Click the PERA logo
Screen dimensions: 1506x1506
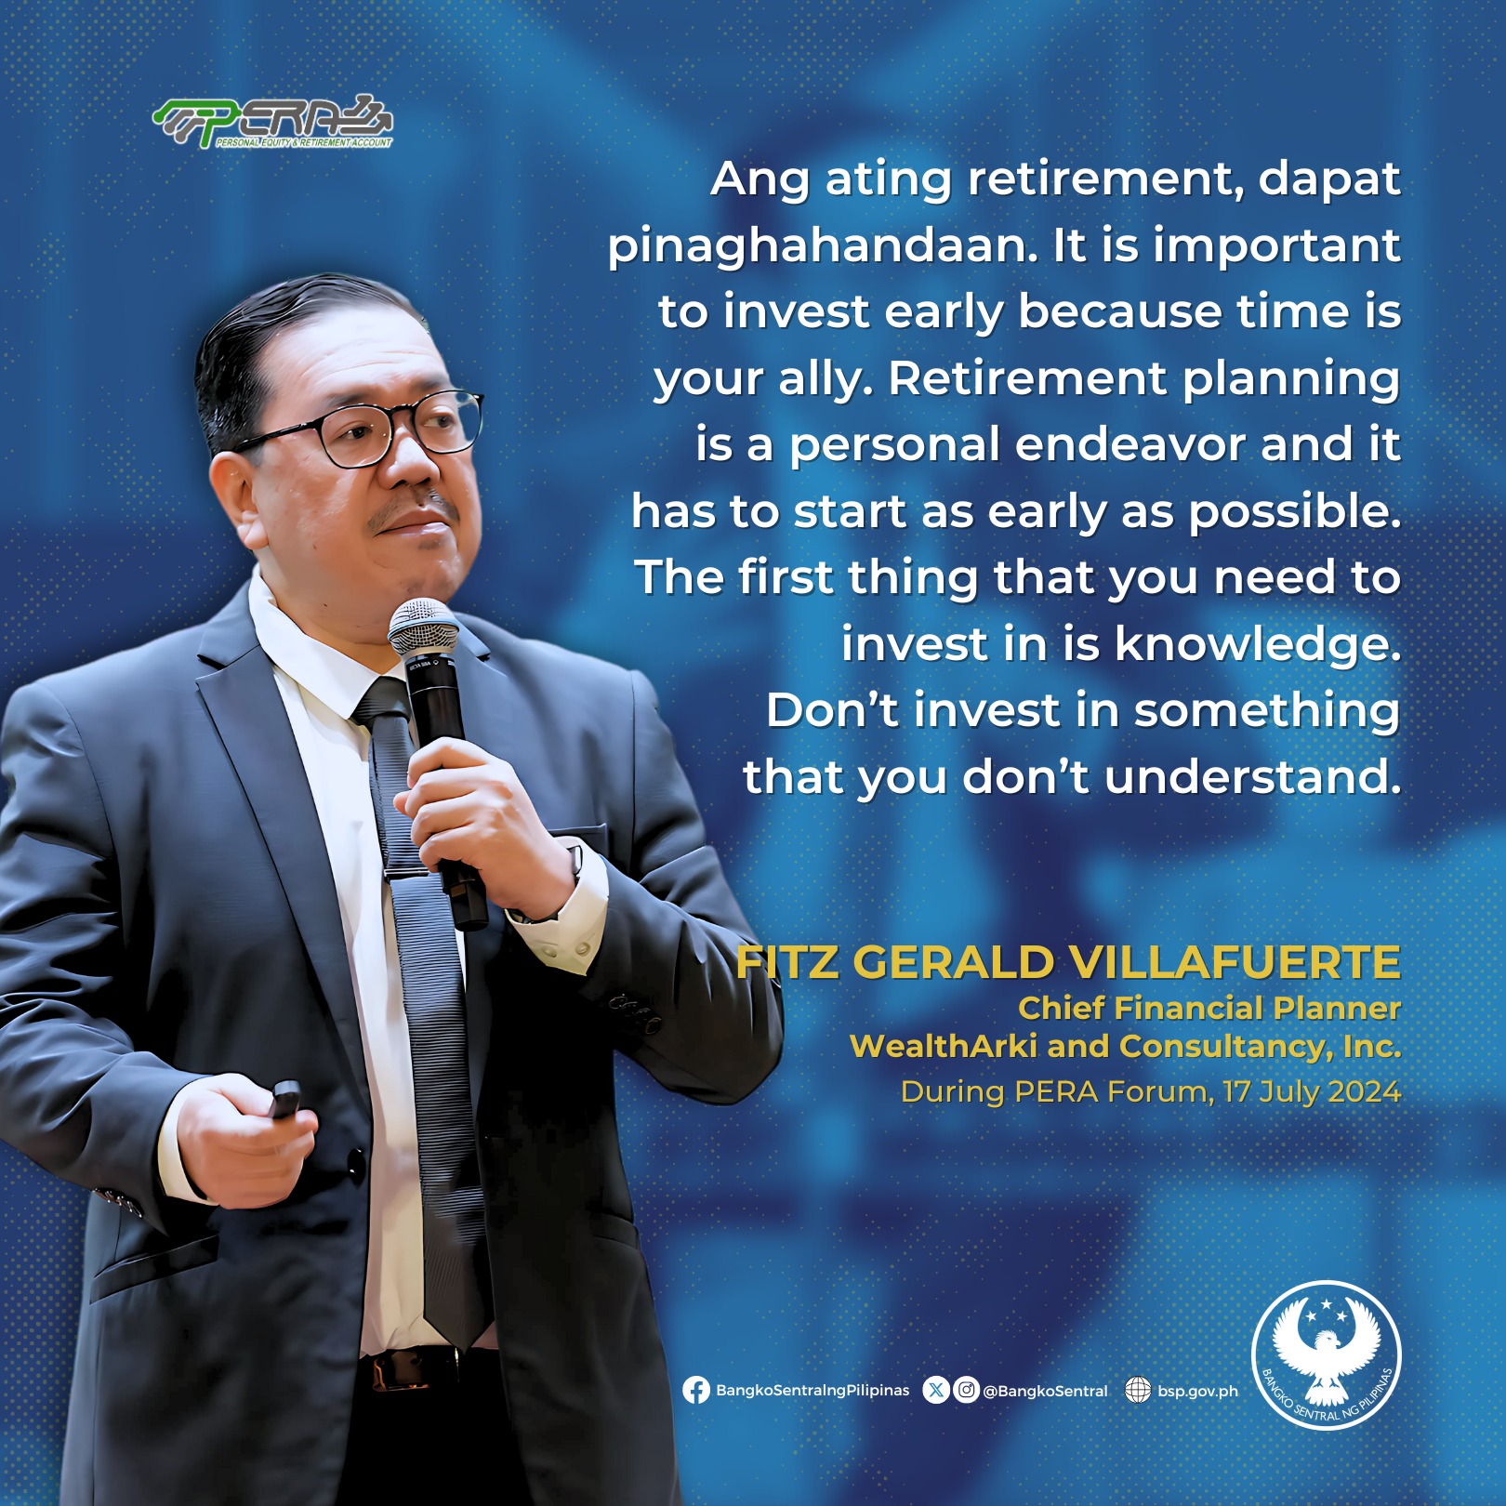coord(272,122)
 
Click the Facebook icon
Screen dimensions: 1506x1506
coord(696,1391)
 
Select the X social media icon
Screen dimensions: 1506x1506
coord(936,1391)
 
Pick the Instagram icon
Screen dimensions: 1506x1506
coord(967,1391)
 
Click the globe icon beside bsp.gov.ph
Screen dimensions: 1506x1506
coord(1138,1391)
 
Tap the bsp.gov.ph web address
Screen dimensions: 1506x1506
coord(1198,1392)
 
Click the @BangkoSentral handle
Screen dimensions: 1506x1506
coord(1046,1392)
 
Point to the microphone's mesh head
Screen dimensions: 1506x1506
coord(423,628)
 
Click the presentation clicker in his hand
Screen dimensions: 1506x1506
coord(284,1099)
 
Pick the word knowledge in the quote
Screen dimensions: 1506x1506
coord(1258,643)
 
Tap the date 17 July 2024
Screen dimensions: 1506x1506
coord(1312,1091)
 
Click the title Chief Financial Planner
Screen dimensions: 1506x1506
coord(1209,1009)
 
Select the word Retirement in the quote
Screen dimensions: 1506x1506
coord(1026,378)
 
